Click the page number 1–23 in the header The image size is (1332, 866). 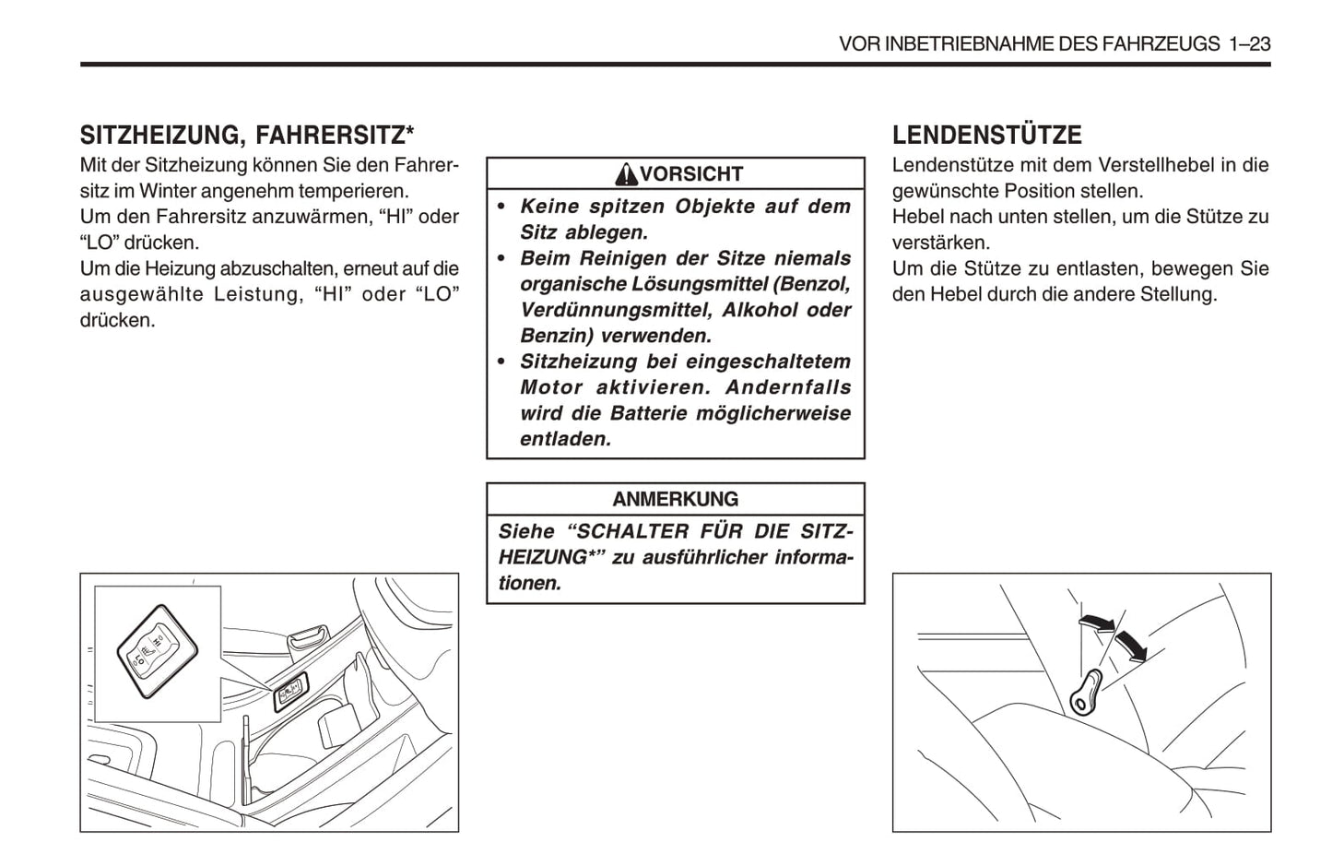(x=1249, y=43)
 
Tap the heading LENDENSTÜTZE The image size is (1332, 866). (x=986, y=136)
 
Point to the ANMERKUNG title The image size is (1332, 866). (x=675, y=499)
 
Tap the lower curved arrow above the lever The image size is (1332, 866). (x=1132, y=646)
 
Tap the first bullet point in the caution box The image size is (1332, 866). (x=501, y=207)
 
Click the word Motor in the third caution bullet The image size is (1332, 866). (x=551, y=387)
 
